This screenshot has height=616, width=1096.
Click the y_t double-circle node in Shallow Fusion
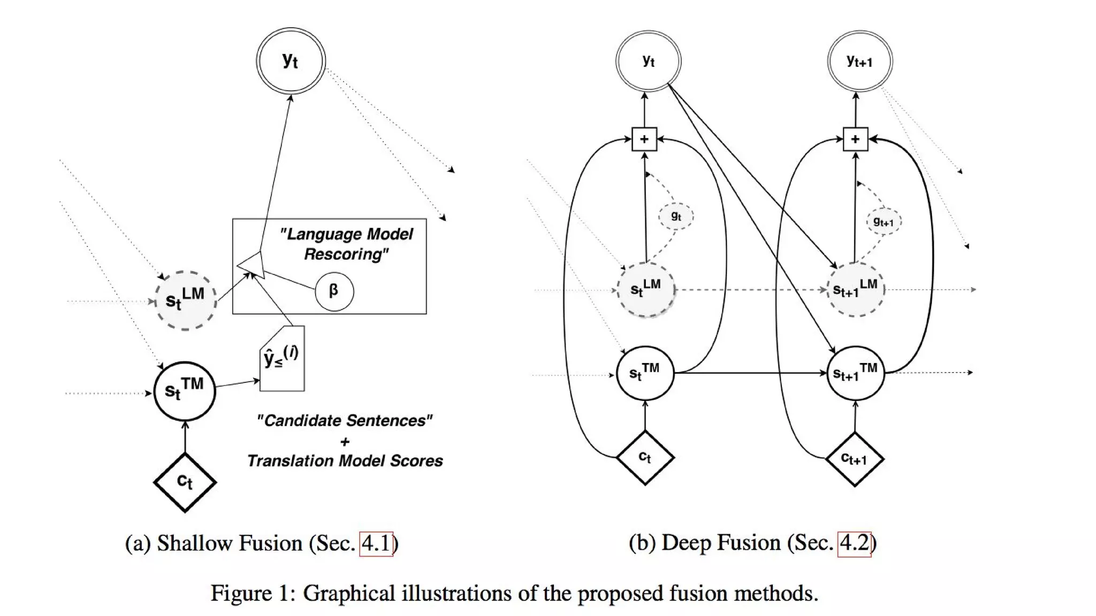[x=291, y=61]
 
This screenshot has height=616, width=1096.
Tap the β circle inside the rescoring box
[x=334, y=291]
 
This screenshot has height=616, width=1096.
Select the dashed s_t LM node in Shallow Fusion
[x=185, y=300]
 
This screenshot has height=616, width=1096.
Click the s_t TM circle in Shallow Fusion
[x=185, y=391]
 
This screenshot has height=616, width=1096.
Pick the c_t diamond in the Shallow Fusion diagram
[x=185, y=482]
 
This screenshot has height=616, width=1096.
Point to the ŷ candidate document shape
[x=282, y=359]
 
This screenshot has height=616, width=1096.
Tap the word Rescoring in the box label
[x=346, y=254]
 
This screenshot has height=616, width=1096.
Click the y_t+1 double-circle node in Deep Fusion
[x=859, y=61]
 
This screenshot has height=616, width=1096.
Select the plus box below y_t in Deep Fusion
[x=644, y=139]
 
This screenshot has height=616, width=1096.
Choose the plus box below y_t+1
[x=855, y=139]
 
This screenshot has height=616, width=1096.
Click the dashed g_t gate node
[x=676, y=216]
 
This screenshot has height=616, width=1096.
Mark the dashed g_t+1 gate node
[x=884, y=221]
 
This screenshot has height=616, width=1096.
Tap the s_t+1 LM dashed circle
[x=855, y=289]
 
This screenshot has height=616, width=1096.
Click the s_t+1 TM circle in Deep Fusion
[x=855, y=373]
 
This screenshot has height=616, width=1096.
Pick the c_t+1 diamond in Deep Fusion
[x=854, y=459]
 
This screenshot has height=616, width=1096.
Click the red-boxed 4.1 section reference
[x=376, y=544]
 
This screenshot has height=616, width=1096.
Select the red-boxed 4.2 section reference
[x=854, y=543]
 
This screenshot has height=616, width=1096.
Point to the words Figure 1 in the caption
[x=250, y=594]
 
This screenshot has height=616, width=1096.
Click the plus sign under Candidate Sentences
[x=345, y=442]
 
